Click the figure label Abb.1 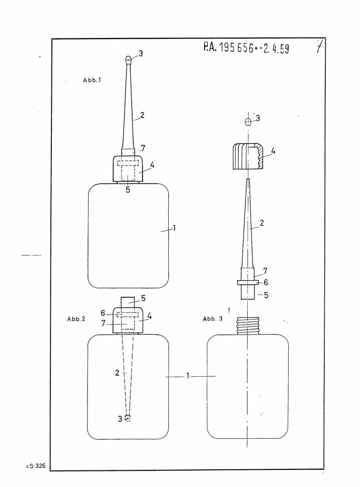click(x=92, y=80)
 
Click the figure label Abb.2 click(x=76, y=319)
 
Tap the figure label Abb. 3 click(x=213, y=319)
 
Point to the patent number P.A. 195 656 click(x=246, y=48)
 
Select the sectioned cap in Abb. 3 click(x=248, y=156)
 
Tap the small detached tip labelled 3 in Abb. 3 click(x=247, y=120)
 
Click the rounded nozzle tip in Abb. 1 click(x=128, y=59)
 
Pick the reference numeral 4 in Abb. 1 click(x=152, y=165)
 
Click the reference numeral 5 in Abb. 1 click(x=128, y=190)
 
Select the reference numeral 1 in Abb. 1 click(x=175, y=228)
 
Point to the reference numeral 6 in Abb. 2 click(x=103, y=313)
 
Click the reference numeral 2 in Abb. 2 click(x=117, y=373)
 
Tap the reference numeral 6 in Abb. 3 click(x=266, y=282)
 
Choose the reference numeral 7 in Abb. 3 click(x=265, y=271)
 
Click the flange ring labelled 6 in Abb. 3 click(x=248, y=282)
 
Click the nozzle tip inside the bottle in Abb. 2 click(x=127, y=418)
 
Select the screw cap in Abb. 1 click(x=127, y=169)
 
